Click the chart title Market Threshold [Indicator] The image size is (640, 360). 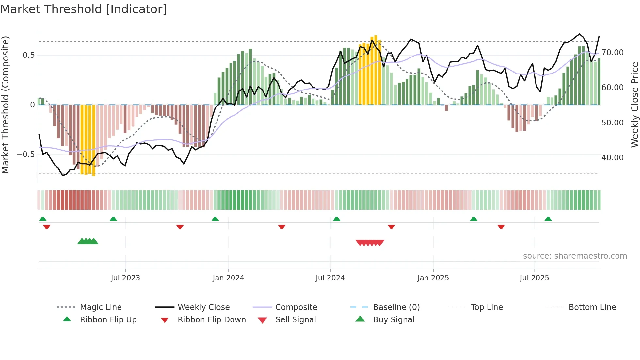coord(84,9)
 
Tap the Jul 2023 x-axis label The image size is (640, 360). coord(125,278)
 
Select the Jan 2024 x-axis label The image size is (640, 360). coord(228,278)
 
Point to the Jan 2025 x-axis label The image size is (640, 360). coord(433,278)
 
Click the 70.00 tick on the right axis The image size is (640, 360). coord(613,53)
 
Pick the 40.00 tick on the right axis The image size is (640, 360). coord(613,158)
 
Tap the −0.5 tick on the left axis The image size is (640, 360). coord(25,155)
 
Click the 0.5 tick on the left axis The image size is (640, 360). coord(29,55)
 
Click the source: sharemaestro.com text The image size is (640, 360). coord(575,256)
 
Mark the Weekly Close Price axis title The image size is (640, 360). coord(634,105)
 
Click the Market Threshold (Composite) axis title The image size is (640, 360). coord(5,105)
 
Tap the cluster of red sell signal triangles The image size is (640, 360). coord(370,243)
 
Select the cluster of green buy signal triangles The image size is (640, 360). coord(88,241)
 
